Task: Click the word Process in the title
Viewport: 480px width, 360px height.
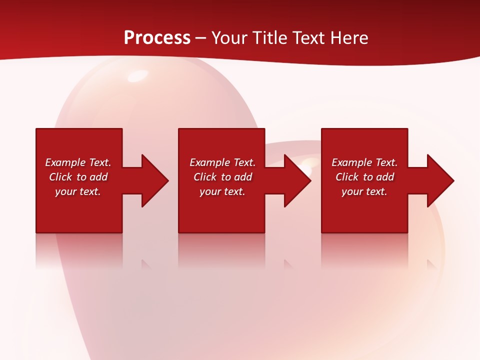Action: tap(157, 37)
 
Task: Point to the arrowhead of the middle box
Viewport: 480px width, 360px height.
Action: tap(297, 180)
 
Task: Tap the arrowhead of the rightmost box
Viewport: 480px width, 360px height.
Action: tap(440, 180)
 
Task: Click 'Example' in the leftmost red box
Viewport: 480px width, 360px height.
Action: tap(65, 162)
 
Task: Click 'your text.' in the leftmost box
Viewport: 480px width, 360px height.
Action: tap(78, 191)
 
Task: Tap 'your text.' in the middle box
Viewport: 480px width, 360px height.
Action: tap(222, 191)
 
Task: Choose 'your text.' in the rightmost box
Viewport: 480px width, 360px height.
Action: tap(364, 191)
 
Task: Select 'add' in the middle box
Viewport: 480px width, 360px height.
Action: tap(243, 177)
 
